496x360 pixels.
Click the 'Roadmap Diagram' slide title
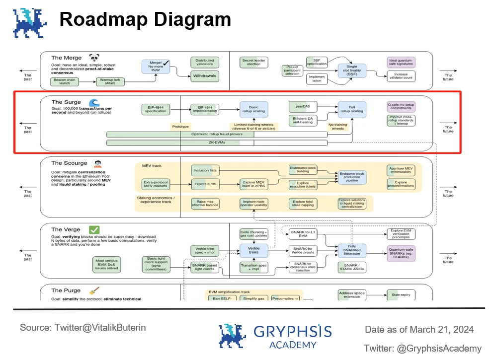point(145,19)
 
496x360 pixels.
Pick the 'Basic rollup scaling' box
point(253,109)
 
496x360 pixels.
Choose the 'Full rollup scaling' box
point(351,109)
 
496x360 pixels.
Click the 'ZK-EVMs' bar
point(217,143)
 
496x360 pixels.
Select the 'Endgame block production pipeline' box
point(351,177)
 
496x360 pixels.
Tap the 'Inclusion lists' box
point(205,171)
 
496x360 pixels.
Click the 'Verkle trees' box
point(253,250)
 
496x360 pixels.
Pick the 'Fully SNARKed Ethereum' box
point(351,250)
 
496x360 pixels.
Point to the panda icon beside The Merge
point(94,58)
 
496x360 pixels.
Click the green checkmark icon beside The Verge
point(94,229)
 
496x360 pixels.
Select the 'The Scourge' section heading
point(69,163)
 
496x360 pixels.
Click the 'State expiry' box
point(401,295)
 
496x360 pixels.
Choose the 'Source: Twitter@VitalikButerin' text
point(83,328)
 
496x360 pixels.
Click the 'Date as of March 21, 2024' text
point(419,329)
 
